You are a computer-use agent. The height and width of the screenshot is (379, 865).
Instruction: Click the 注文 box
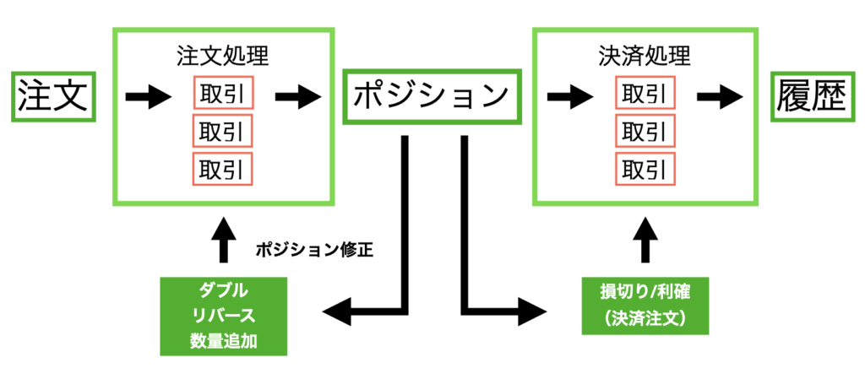[52, 96]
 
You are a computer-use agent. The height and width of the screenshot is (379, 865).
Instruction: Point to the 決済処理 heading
[644, 58]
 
